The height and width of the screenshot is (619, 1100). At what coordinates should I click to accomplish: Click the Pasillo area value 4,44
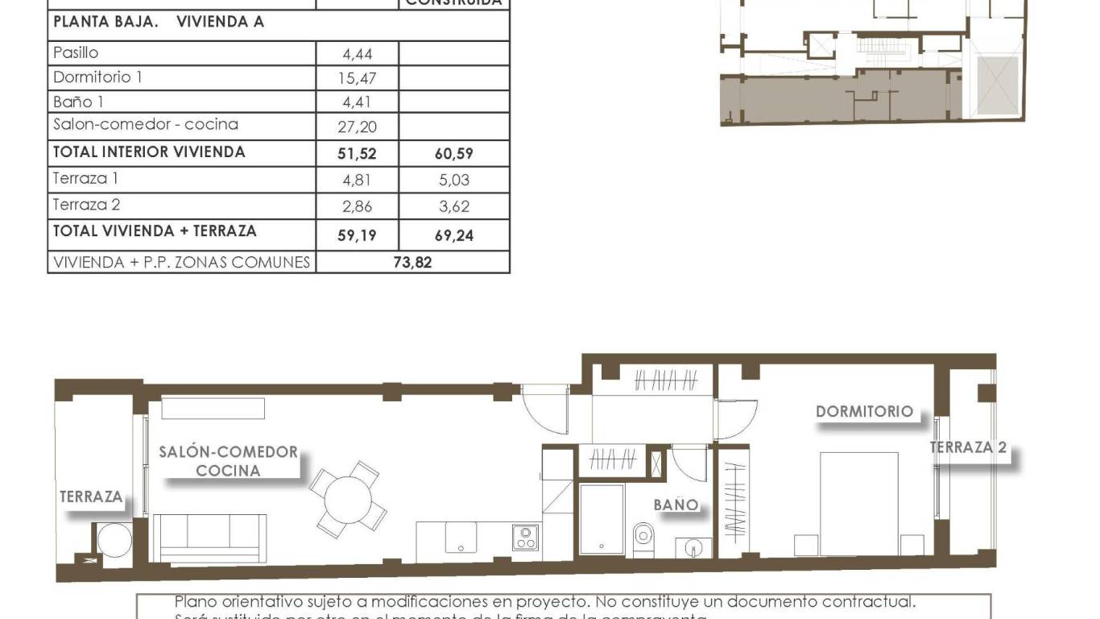(358, 55)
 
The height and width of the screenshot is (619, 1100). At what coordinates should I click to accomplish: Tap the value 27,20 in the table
(359, 127)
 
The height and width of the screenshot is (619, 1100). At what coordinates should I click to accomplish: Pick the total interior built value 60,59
(454, 153)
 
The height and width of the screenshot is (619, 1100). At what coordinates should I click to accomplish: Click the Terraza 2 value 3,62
(454, 206)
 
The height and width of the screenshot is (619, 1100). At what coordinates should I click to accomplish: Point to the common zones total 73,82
(412, 262)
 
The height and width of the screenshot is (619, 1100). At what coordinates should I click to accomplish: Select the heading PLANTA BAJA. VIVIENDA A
(159, 23)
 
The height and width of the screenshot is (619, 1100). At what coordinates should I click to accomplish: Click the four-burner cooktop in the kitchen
(526, 538)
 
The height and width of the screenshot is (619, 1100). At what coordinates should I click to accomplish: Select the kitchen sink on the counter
(461, 538)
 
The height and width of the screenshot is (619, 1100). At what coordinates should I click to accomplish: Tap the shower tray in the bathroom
(602, 518)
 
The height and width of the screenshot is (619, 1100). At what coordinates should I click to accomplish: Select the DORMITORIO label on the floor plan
(864, 411)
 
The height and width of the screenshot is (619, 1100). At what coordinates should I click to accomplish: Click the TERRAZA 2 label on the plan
(968, 448)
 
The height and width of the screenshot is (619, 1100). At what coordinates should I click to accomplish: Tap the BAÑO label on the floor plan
(676, 505)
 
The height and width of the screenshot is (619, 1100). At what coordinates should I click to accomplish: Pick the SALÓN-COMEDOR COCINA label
(228, 461)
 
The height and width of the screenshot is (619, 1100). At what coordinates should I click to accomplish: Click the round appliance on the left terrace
(114, 540)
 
